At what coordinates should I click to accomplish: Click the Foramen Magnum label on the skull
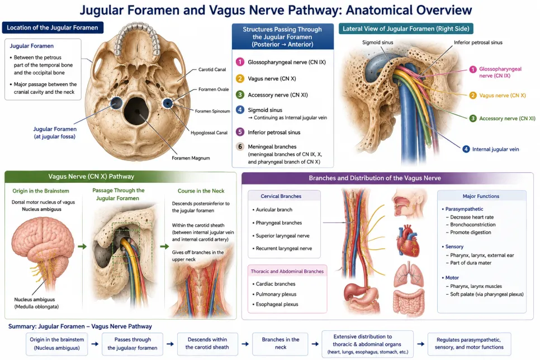tap(191, 158)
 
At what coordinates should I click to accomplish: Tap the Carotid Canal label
tap(212, 69)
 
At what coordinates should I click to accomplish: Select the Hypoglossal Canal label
tap(209, 132)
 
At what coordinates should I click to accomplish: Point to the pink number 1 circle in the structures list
tap(240, 62)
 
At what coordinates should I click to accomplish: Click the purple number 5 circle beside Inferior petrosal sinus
tap(240, 132)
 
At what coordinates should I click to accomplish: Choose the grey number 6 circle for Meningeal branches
tap(240, 147)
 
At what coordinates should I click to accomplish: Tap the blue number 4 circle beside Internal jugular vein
tap(466, 149)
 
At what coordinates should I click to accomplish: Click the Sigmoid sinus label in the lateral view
tap(377, 42)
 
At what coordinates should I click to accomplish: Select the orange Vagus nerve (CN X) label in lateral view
tap(503, 96)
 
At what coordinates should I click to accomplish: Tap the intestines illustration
tap(409, 301)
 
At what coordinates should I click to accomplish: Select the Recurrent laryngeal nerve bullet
tap(282, 248)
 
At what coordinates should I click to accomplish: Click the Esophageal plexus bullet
tap(275, 304)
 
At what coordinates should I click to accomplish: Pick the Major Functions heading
tap(481, 196)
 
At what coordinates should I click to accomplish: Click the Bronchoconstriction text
tap(473, 225)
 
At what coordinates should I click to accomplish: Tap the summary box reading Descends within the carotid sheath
tap(207, 343)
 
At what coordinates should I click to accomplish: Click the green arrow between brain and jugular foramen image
tap(82, 247)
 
